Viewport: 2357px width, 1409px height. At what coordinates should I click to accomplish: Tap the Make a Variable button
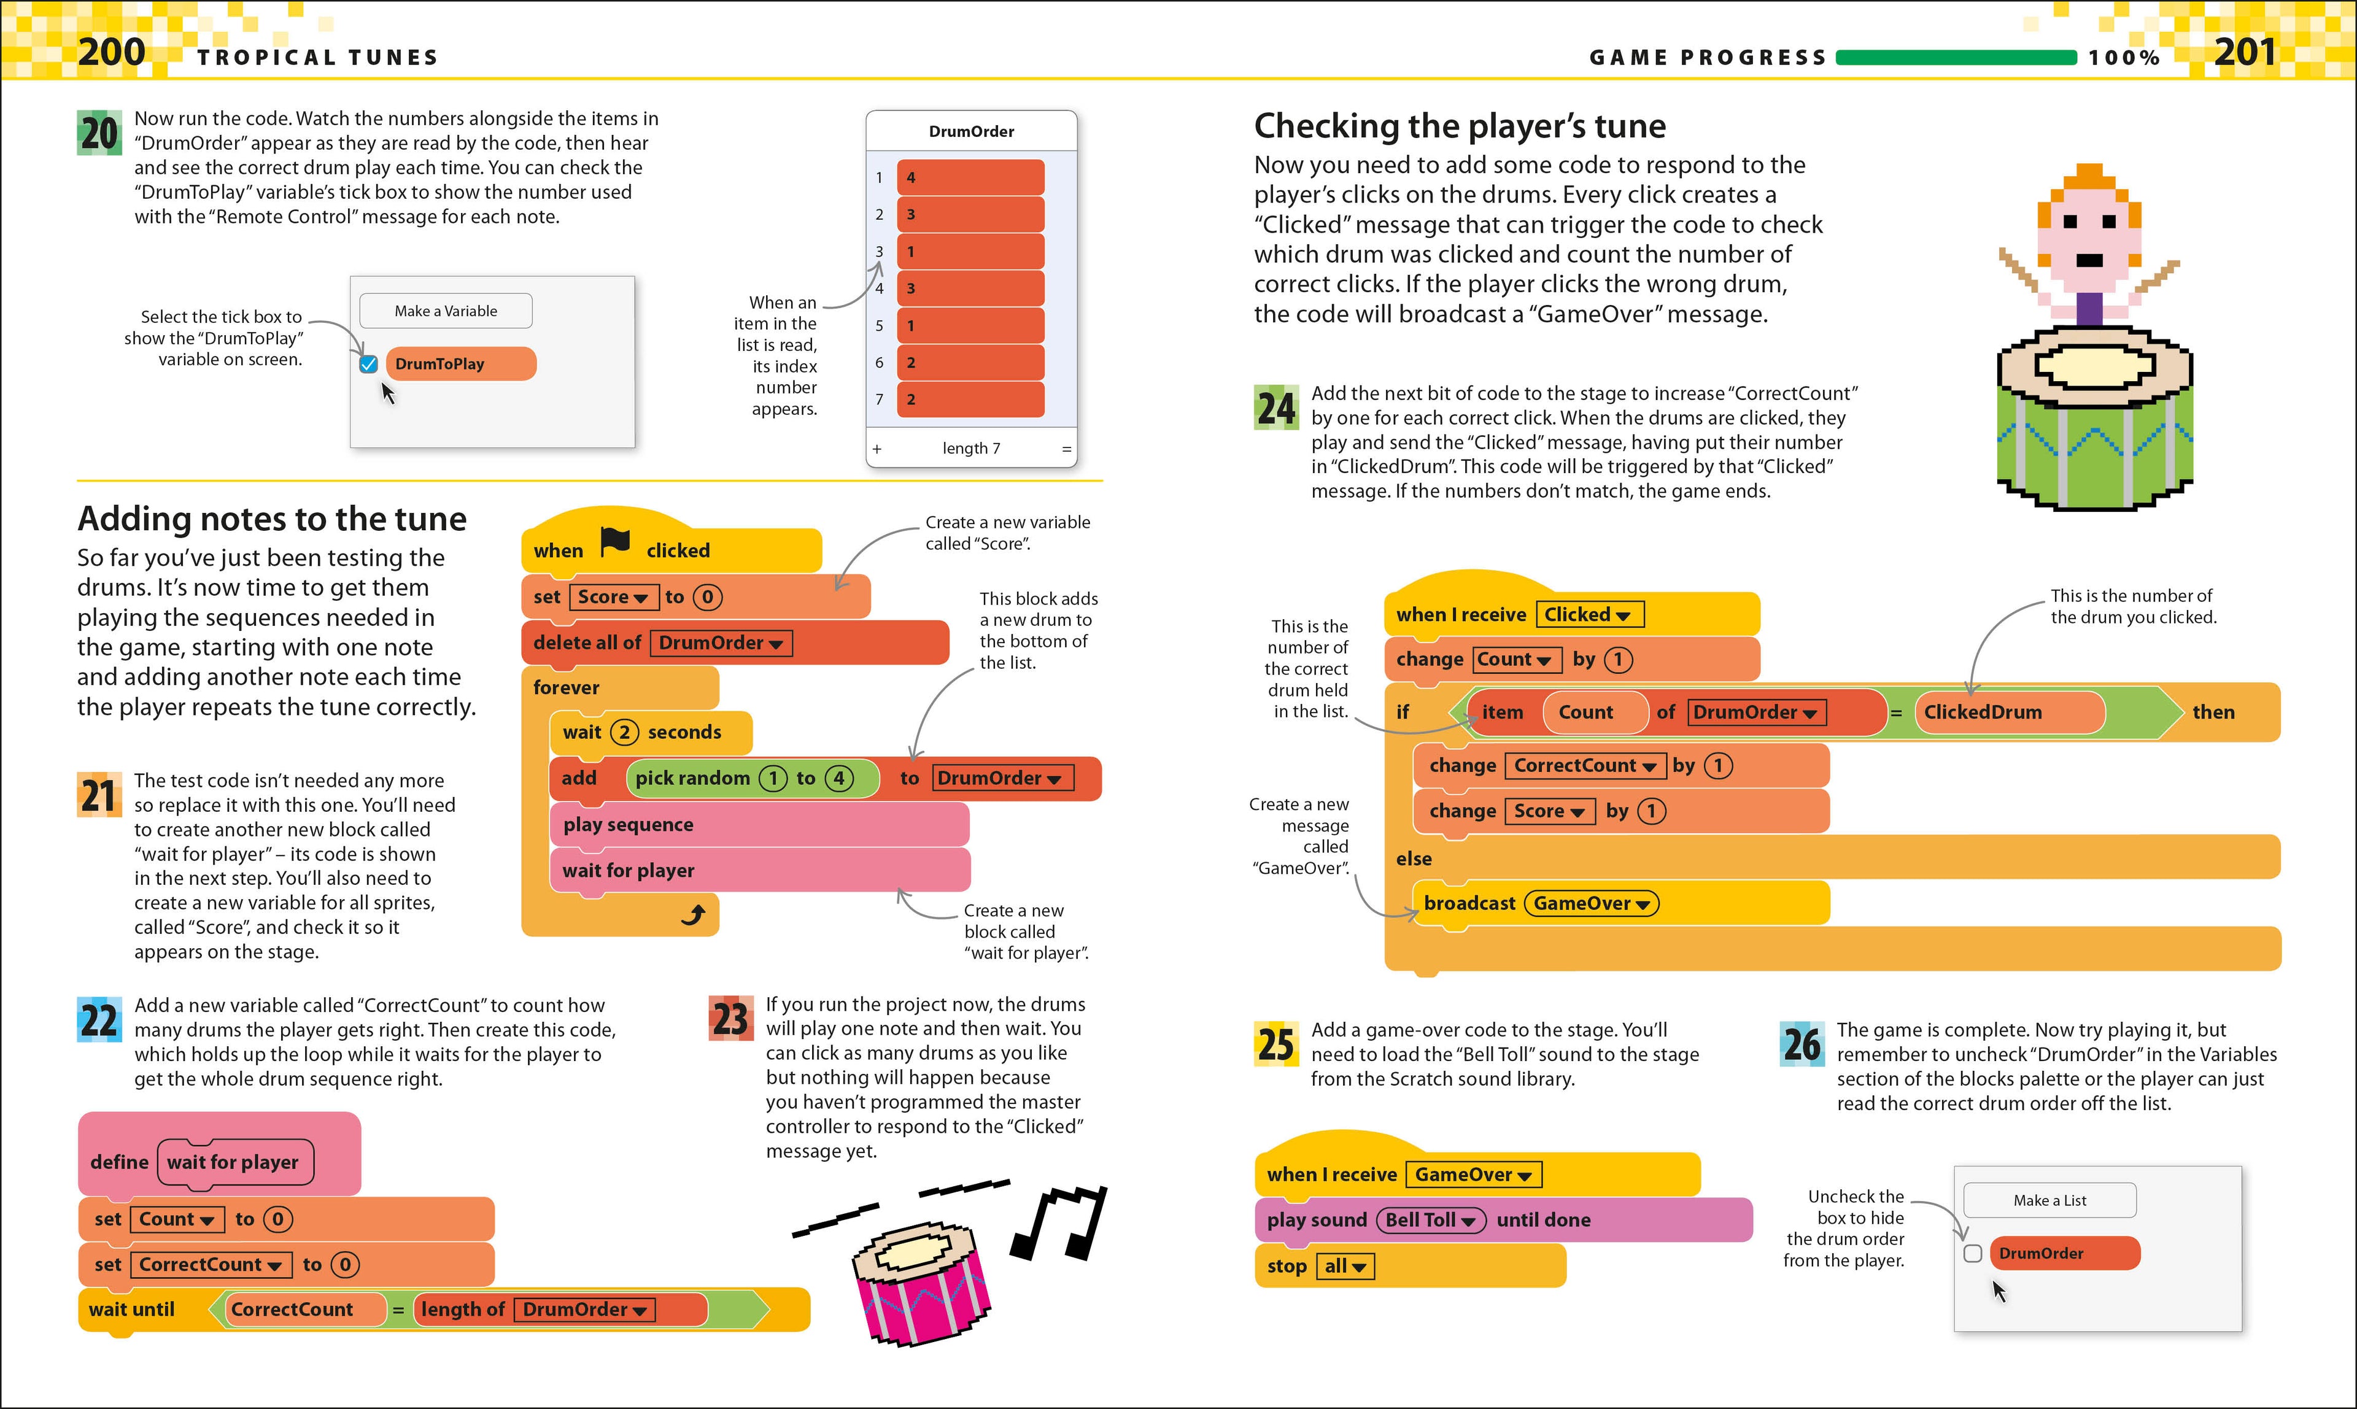click(x=446, y=311)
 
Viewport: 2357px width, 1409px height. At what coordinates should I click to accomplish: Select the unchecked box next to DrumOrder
click(x=1972, y=1253)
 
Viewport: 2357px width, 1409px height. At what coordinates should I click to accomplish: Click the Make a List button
click(x=2049, y=1200)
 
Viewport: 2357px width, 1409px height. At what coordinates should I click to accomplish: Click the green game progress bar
click(x=1956, y=58)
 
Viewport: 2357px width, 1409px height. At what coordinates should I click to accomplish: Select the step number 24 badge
click(x=1275, y=408)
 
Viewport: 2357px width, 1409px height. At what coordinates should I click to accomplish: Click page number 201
click(x=2245, y=52)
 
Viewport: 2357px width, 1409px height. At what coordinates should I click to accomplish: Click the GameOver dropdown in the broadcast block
click(x=1590, y=903)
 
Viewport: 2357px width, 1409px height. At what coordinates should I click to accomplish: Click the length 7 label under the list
click(x=970, y=448)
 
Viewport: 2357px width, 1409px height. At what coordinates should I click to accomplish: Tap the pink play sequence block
click(x=758, y=824)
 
